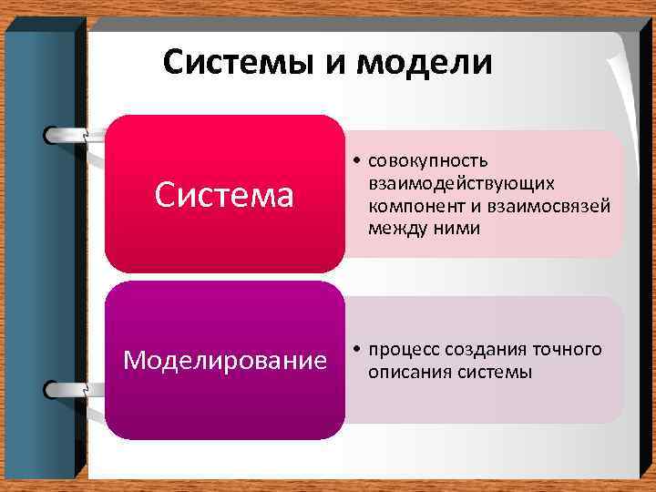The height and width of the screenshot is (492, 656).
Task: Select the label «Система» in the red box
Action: pos(224,194)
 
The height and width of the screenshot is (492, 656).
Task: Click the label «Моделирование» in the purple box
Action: pos(225,361)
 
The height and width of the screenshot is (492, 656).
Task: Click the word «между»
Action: pos(395,229)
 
